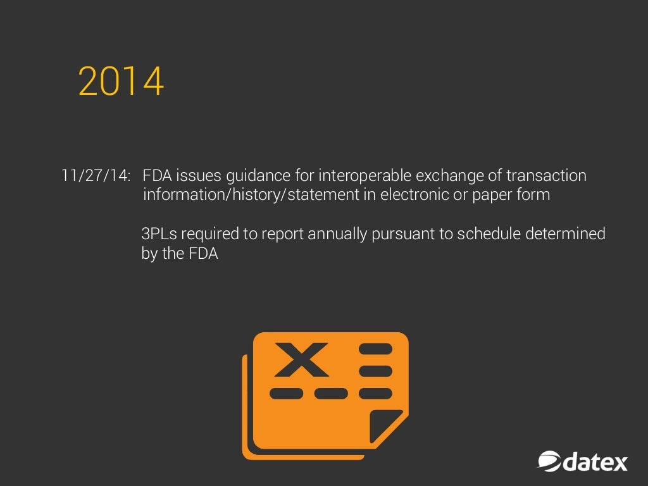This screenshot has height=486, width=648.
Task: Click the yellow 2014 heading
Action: point(121,82)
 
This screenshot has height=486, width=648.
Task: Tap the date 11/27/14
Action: point(96,175)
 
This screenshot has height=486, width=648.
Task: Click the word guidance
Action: point(251,176)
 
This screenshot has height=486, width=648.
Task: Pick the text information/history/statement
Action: point(251,194)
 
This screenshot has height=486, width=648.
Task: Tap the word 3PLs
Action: point(159,234)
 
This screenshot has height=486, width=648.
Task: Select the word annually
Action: point(337,235)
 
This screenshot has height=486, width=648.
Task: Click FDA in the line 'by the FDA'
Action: point(203,254)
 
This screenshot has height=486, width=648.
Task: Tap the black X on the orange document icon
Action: point(301,359)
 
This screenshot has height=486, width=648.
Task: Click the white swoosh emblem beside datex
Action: point(549,461)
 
